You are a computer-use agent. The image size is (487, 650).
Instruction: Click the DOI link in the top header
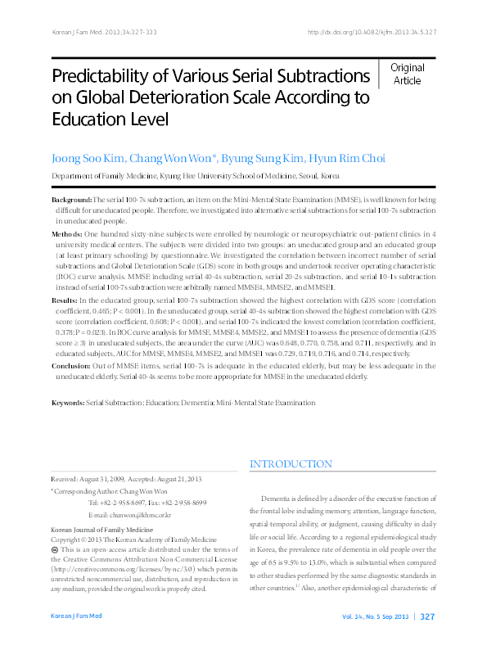click(372, 32)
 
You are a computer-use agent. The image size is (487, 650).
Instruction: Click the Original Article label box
click(407, 74)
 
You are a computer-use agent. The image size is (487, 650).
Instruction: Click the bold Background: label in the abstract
click(71, 200)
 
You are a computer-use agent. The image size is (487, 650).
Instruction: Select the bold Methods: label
click(67, 233)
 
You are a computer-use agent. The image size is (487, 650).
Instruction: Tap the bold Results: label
click(65, 300)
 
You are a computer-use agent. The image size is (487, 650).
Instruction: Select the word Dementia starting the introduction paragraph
click(278, 499)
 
